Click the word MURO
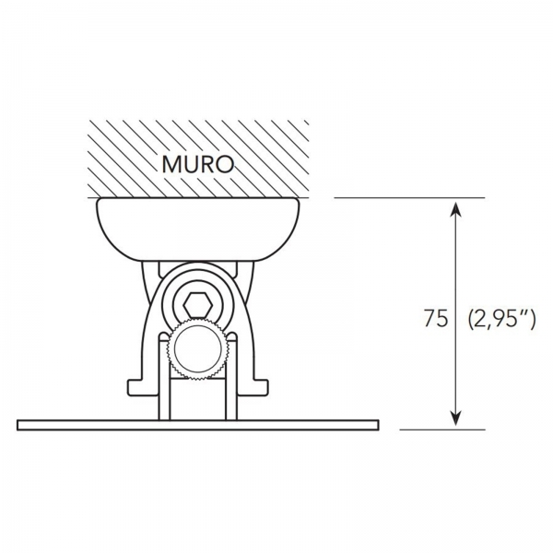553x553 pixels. (x=198, y=164)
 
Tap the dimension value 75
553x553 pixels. (x=436, y=319)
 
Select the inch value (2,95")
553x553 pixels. (x=502, y=319)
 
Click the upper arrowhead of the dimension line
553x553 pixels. (x=456, y=209)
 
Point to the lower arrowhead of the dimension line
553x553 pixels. (x=456, y=418)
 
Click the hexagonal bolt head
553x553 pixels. (x=198, y=305)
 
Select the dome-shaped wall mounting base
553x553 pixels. (x=198, y=229)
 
